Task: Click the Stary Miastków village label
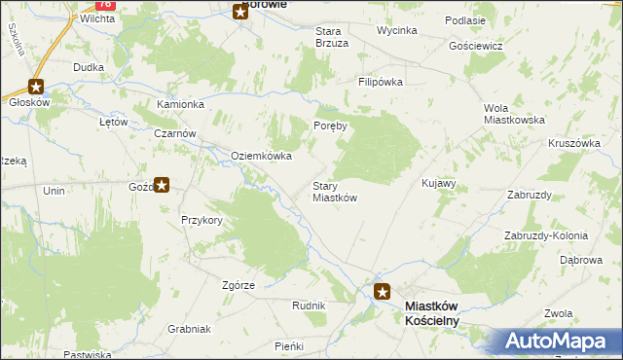point(334,192)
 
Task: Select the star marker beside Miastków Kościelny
point(383,290)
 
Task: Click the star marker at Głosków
point(37,86)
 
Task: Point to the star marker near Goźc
point(163,183)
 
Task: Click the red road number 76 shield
point(107,5)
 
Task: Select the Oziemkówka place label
point(261,156)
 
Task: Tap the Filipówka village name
point(380,83)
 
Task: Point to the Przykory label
point(202,220)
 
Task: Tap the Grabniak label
point(189,329)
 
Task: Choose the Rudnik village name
point(309,306)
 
